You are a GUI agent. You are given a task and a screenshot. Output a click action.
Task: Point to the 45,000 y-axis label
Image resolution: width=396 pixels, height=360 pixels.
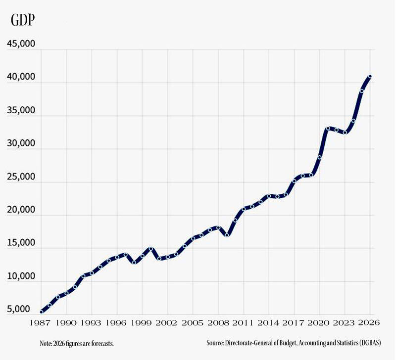pos(20,44)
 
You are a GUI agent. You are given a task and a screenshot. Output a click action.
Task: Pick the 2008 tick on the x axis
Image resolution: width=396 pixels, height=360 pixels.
pos(218,322)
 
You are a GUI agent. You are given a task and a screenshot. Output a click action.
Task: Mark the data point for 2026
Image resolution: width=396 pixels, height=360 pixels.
pos(370,77)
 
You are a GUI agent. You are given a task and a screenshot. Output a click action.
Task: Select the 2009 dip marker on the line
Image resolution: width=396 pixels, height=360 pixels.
pos(227,235)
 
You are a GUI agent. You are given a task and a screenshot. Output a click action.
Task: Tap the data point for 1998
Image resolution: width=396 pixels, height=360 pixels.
pos(134,262)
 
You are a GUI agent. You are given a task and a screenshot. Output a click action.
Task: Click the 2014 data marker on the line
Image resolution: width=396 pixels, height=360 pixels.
pos(269,196)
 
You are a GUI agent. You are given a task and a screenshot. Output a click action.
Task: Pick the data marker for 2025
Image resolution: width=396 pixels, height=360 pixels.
pos(362,91)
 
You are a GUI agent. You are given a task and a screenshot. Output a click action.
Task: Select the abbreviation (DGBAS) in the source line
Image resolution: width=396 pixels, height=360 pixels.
pos(369,343)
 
